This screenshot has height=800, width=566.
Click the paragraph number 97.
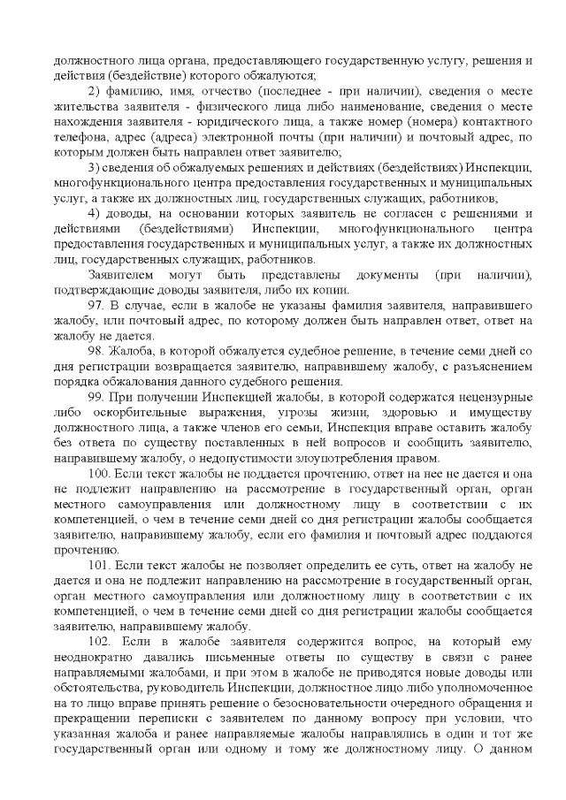(96, 305)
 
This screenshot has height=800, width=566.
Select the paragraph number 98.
(96, 351)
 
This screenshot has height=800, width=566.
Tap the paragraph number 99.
(96, 397)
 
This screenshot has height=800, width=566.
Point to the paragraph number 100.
(99, 474)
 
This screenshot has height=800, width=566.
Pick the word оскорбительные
(127, 413)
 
